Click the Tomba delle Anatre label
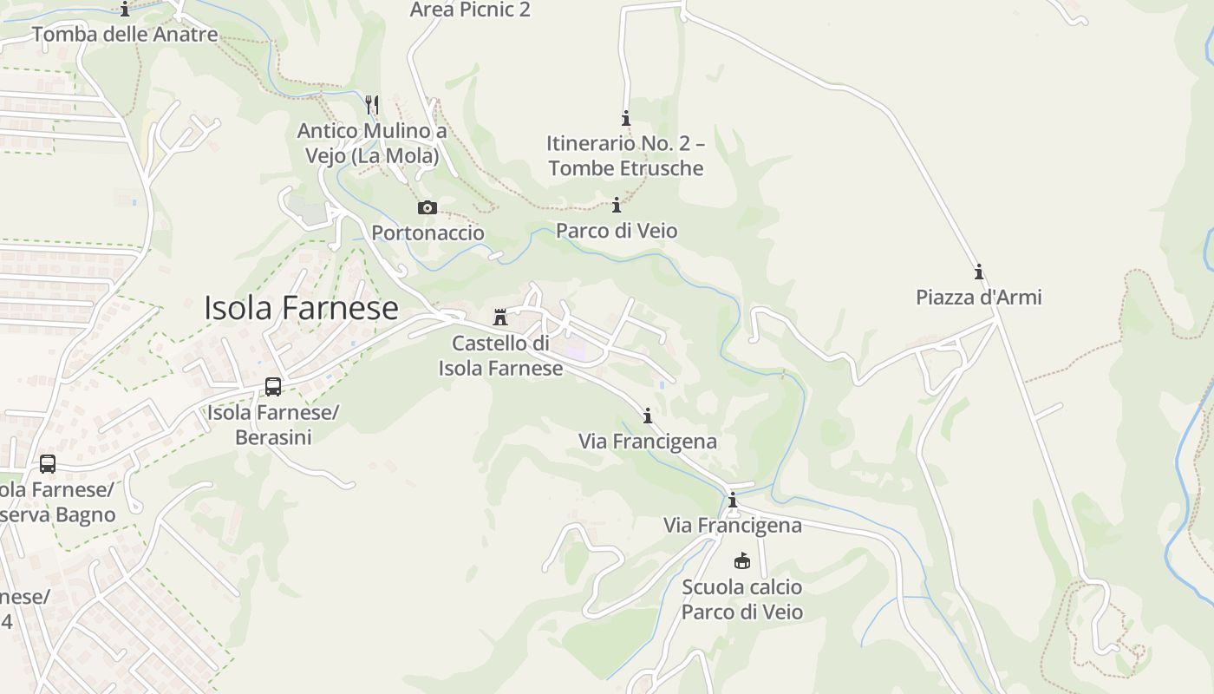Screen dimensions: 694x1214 [125, 35]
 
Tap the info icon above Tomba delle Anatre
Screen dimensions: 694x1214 [125, 10]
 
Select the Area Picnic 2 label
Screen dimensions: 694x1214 [470, 10]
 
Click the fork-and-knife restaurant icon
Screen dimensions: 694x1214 [372, 105]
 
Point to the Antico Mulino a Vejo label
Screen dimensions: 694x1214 [372, 143]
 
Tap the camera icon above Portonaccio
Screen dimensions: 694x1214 [428, 208]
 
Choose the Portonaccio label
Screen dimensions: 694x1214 [428, 232]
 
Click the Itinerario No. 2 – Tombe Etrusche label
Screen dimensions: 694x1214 [625, 155]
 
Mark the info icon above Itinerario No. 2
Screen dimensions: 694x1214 [625, 118]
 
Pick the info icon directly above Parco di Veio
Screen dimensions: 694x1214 [617, 206]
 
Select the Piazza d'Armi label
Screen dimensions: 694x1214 [979, 298]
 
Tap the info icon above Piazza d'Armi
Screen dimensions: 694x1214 [979, 272]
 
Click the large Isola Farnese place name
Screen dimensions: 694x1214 [301, 308]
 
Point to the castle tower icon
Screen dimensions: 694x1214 [500, 318]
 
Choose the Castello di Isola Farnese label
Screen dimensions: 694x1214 [500, 356]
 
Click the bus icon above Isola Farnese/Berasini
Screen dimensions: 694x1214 [273, 387]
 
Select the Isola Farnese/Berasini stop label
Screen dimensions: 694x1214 [273, 424]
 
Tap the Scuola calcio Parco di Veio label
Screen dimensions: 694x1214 [741, 599]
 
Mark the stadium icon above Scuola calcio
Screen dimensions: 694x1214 [741, 561]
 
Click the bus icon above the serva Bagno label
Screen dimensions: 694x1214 [48, 464]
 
